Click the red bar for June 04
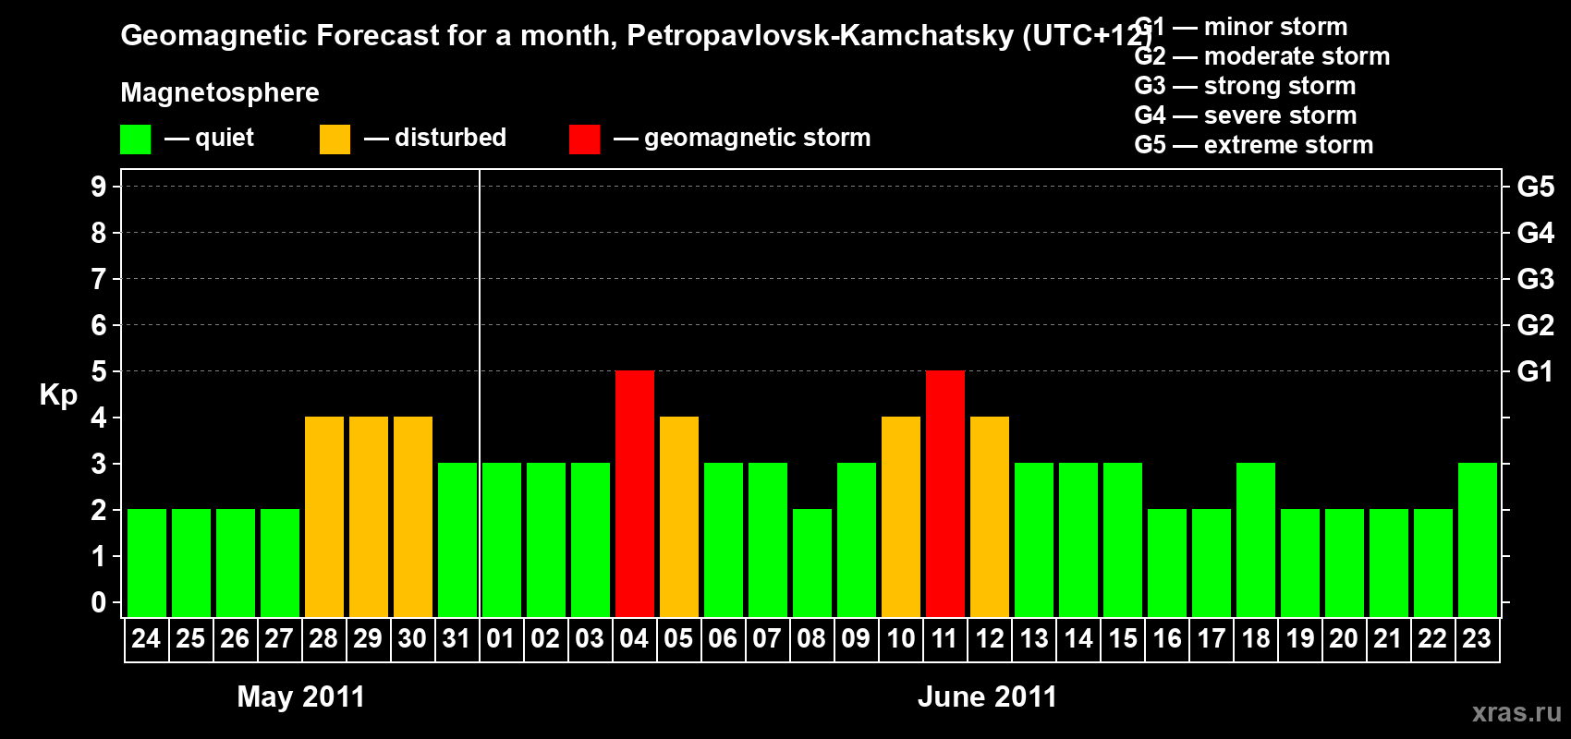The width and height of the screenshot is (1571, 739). point(635,493)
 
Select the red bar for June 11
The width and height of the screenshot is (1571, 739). point(945,493)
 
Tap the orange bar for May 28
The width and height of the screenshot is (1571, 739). point(324,516)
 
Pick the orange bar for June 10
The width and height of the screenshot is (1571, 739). point(901,516)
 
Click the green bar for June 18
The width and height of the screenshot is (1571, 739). point(1256,539)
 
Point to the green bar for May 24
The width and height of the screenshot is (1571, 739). point(147,563)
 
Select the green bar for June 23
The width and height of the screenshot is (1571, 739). point(1478,539)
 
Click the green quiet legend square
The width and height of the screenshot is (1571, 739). point(135,139)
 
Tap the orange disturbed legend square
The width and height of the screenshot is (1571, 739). point(335,139)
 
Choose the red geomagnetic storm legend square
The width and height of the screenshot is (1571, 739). point(584,139)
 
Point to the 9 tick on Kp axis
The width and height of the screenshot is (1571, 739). point(99,187)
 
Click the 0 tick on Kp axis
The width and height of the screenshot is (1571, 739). point(99,603)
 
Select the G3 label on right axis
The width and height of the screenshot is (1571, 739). point(1535,279)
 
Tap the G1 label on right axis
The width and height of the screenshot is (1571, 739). point(1535,371)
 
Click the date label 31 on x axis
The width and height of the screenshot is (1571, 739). point(457,638)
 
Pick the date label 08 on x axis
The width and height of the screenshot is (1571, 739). point(811,638)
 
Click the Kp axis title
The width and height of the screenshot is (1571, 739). point(58,395)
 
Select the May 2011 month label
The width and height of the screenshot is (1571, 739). point(301,697)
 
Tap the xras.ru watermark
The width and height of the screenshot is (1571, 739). point(1516,712)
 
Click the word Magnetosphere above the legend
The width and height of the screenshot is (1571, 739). point(220,92)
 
